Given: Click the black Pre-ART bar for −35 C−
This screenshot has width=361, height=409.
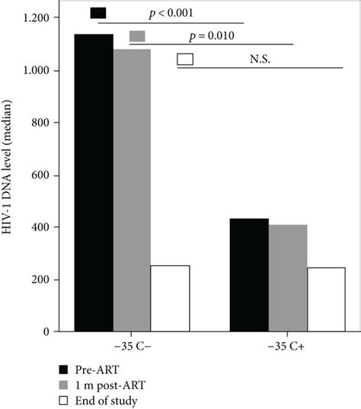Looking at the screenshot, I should pos(93,183).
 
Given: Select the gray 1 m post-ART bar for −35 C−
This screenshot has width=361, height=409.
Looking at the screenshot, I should pos(133,190).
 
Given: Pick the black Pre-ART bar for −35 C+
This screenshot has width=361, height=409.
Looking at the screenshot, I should pos(249,275).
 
